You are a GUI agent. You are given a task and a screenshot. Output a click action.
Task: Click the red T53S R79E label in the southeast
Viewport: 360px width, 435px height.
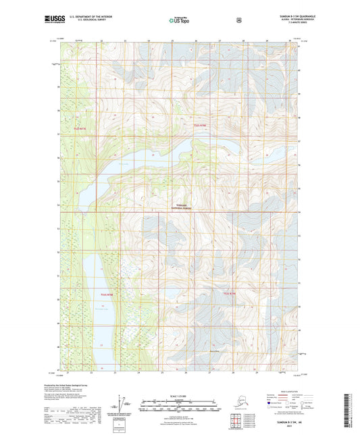pos(230,293)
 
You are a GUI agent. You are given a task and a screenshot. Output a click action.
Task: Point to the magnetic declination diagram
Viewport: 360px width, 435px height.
pos(123,404)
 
